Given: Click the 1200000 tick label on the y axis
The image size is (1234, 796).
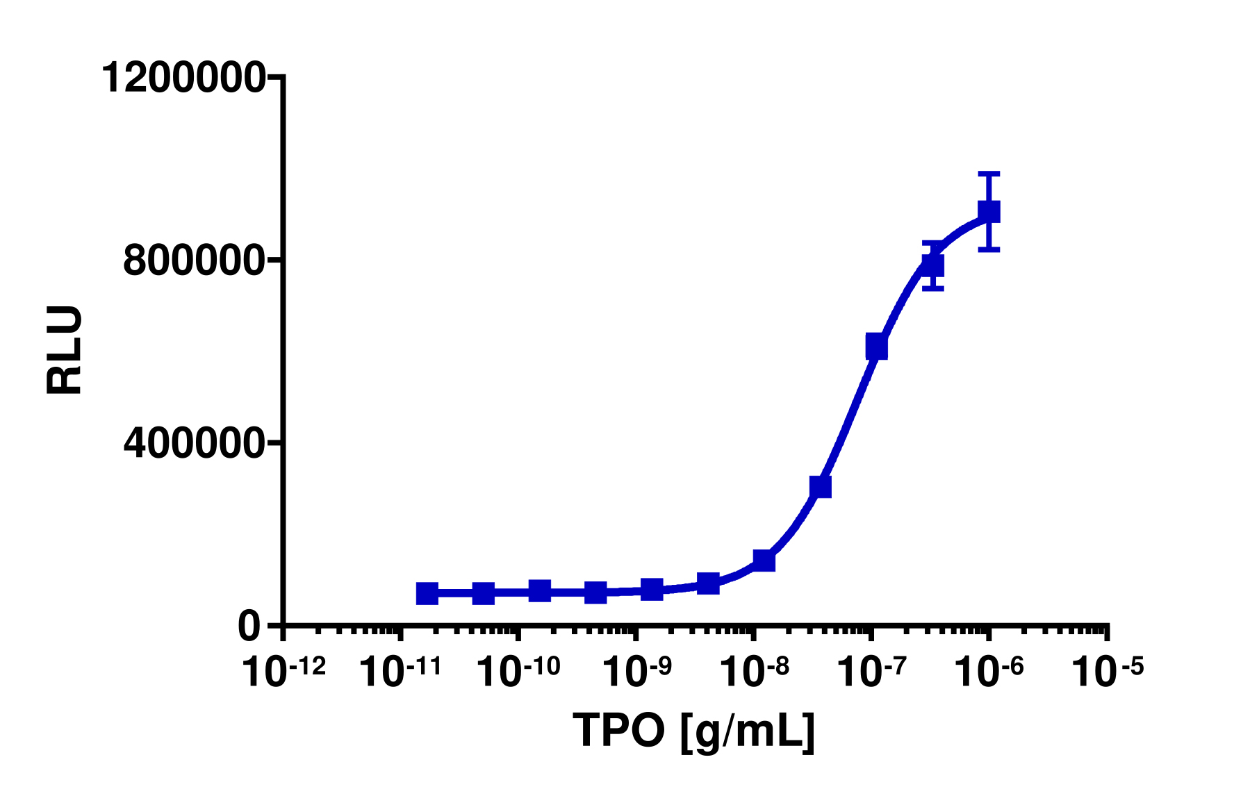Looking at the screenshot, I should (x=183, y=77).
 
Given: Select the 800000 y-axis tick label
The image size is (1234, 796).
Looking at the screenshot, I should (x=194, y=261).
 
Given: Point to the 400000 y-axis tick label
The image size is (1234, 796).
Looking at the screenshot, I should (x=194, y=443).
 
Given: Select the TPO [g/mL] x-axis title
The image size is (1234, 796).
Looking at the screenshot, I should (x=693, y=731).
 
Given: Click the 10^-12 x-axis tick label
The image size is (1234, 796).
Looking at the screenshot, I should (x=283, y=671).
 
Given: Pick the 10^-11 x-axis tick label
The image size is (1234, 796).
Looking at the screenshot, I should (x=401, y=671).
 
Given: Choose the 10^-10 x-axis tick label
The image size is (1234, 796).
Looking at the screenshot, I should (x=518, y=671).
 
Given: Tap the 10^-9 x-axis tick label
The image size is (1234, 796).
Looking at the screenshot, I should (x=636, y=671).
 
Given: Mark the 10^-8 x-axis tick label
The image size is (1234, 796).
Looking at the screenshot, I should (x=753, y=671).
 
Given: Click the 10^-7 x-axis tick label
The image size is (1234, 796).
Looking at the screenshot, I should (x=871, y=671).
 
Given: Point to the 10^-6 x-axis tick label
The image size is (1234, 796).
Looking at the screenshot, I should (x=989, y=671).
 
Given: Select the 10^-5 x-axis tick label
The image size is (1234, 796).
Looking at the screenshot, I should (x=1106, y=671).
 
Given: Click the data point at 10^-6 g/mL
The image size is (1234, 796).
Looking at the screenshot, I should (x=989, y=211).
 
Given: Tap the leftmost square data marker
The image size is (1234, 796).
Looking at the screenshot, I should (x=427, y=593).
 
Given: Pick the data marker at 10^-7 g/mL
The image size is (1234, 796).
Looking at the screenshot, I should (x=876, y=346).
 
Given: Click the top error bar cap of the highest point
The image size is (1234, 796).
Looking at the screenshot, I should (x=989, y=173).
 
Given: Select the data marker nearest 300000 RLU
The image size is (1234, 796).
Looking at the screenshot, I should (x=821, y=487).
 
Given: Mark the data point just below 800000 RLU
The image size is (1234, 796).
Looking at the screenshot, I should (x=932, y=265).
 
